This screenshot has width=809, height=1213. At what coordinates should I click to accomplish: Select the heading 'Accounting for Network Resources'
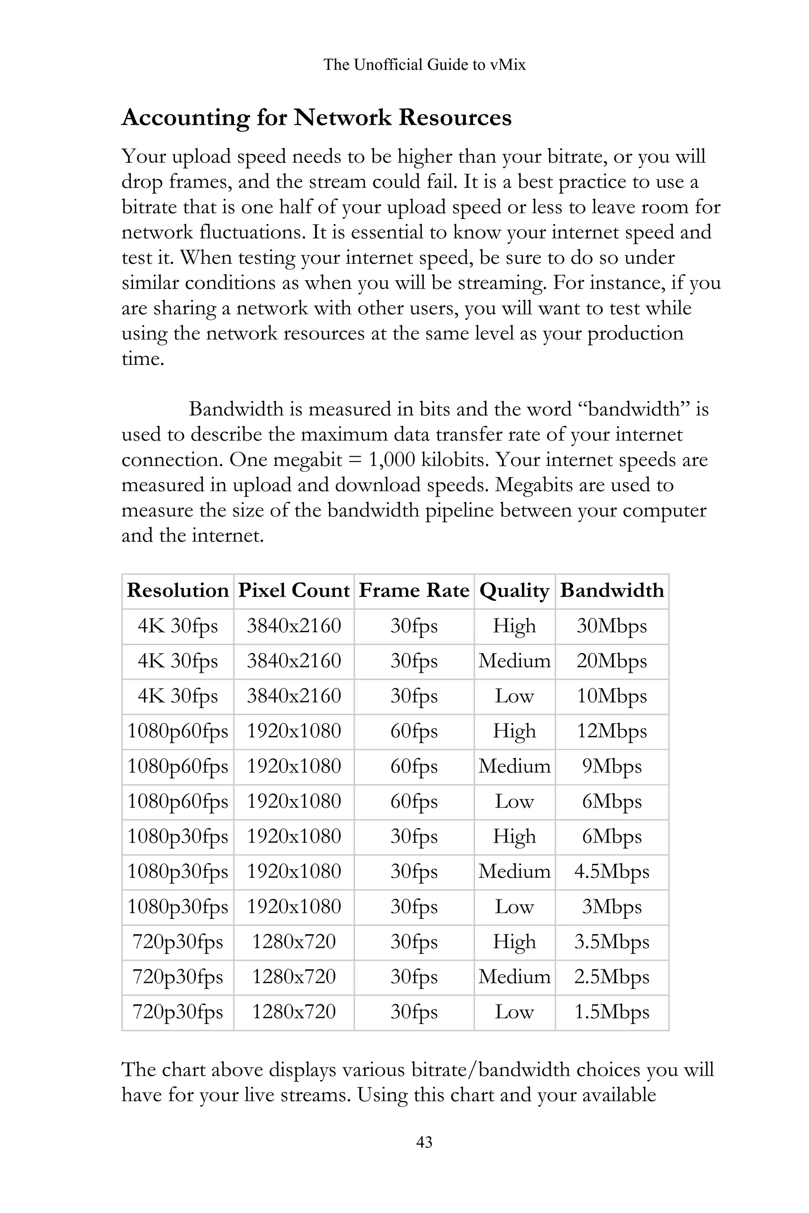[x=316, y=118]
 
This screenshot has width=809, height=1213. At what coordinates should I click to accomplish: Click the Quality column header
[x=514, y=591]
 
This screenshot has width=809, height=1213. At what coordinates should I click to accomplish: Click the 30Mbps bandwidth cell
[x=611, y=626]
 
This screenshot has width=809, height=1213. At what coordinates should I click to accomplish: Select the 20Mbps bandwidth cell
[x=611, y=661]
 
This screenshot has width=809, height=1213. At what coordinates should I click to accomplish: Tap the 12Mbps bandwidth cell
[x=611, y=731]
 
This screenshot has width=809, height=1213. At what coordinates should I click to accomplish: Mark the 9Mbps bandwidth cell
[x=611, y=766]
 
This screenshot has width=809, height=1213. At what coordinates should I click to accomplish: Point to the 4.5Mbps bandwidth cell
[x=611, y=871]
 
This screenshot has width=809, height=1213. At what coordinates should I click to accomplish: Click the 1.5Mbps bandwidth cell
[x=611, y=1012]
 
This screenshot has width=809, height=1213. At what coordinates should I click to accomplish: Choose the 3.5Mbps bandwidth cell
[x=611, y=942]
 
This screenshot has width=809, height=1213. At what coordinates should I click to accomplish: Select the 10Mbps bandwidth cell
[x=611, y=696]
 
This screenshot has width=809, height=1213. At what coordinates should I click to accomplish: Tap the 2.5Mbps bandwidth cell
[x=611, y=977]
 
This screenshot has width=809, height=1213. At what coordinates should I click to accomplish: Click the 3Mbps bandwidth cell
[x=611, y=907]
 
